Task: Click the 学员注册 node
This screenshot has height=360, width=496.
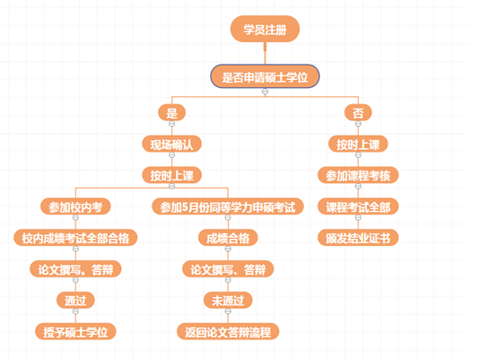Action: point(265,29)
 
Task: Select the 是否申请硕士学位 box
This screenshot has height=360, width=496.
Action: point(265,76)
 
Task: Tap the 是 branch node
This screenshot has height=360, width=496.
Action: point(172,112)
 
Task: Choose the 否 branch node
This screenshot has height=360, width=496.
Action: point(358,112)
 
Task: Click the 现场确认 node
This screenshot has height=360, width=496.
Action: point(172,144)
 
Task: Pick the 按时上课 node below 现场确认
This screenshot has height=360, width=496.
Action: point(172,175)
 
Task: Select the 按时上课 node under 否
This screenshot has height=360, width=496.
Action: point(358,144)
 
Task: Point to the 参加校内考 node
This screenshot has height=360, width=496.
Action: point(75,206)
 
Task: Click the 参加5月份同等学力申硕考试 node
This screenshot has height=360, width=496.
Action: point(228,206)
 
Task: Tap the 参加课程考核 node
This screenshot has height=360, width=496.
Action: point(358,175)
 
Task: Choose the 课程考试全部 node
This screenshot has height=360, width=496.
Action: point(358,206)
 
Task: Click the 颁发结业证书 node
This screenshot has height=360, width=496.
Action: point(358,238)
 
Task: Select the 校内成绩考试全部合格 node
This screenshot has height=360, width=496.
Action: point(75,238)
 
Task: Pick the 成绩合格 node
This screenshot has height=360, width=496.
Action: point(228,238)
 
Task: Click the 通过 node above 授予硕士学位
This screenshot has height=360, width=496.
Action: point(75,300)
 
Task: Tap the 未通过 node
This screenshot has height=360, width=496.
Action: point(228,300)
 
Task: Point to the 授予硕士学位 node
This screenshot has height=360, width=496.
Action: point(75,331)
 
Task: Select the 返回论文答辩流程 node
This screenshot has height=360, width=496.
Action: point(228,331)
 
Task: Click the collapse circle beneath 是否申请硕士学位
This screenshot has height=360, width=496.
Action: point(265,92)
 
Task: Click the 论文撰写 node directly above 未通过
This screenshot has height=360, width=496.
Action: point(228,268)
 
